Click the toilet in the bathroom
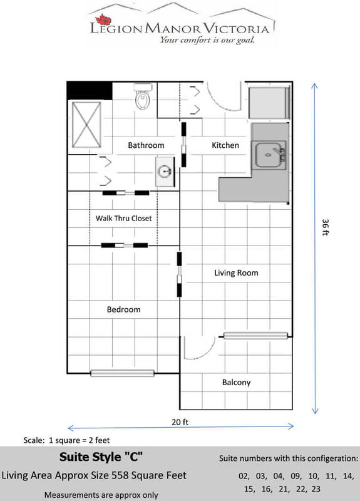(x=143, y=96)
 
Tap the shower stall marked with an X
(x=86, y=125)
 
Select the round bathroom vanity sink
(x=165, y=171)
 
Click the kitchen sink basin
(x=269, y=155)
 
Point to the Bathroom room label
(x=146, y=145)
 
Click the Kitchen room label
(x=225, y=145)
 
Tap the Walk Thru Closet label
(x=123, y=218)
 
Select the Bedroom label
(x=123, y=309)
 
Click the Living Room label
(x=236, y=273)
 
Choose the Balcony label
(x=237, y=383)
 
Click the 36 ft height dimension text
(x=325, y=227)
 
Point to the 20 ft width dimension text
(x=180, y=422)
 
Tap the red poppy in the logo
(x=103, y=19)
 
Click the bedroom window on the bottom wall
(x=122, y=373)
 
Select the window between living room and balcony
(x=255, y=336)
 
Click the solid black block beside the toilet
(x=90, y=91)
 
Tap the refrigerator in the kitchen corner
(x=269, y=103)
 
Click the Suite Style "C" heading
(x=101, y=457)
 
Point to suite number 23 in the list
(x=316, y=489)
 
